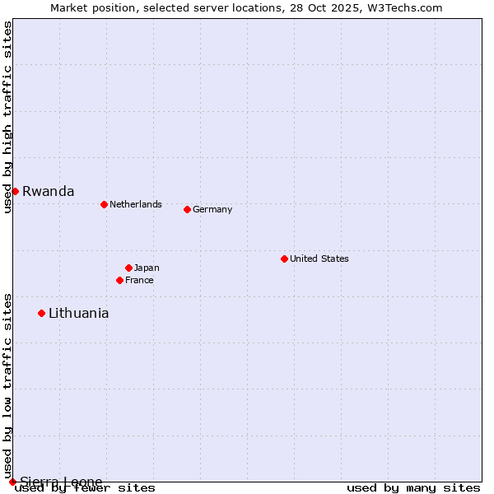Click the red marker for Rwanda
click(x=15, y=191)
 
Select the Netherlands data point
click(x=104, y=204)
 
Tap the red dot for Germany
click(x=187, y=209)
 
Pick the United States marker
click(x=284, y=259)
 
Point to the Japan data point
click(x=128, y=268)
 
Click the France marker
click(x=119, y=280)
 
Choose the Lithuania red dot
click(x=41, y=313)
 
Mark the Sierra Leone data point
click(x=12, y=482)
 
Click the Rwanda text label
click(x=48, y=191)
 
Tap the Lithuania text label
click(x=78, y=313)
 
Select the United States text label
click(x=319, y=259)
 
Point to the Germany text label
click(x=212, y=209)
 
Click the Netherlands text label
click(x=135, y=204)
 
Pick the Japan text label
click(x=147, y=268)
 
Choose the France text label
click(x=139, y=280)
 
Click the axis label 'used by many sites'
click(x=413, y=487)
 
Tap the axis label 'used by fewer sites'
click(x=86, y=487)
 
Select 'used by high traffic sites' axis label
click(x=7, y=117)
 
